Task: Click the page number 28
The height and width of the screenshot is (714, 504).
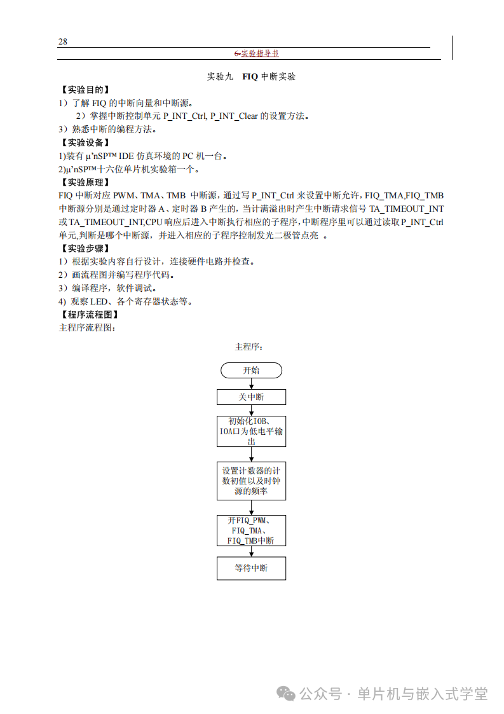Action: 63,42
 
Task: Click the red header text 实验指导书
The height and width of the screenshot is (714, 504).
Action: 260,54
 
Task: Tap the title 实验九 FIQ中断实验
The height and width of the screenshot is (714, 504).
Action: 252,77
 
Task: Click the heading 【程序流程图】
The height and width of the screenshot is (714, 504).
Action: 89,315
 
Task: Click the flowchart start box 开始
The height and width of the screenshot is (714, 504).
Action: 251,371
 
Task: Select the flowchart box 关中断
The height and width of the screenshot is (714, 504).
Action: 251,397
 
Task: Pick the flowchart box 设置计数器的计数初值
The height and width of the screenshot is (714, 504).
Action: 251,481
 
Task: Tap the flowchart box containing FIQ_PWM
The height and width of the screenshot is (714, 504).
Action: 251,530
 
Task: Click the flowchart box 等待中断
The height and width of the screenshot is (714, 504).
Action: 251,568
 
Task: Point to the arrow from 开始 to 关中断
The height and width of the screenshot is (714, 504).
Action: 251,384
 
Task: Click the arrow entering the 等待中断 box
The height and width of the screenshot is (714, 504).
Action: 251,552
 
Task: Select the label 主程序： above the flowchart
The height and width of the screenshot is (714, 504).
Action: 249,347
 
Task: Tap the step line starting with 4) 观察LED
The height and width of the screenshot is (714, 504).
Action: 125,301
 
